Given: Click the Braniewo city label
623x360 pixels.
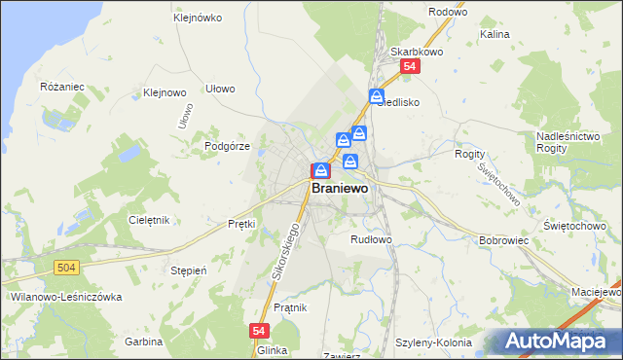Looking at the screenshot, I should [x=339, y=190].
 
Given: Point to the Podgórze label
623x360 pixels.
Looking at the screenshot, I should [x=228, y=146].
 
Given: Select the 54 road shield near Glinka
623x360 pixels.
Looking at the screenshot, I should [x=258, y=331].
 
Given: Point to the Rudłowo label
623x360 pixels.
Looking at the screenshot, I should [x=371, y=238].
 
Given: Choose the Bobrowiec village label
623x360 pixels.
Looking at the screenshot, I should [x=503, y=239].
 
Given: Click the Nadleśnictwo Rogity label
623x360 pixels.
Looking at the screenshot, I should [x=568, y=141].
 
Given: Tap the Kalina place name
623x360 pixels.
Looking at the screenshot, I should [x=495, y=34].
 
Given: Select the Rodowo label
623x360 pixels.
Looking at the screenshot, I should [x=448, y=12].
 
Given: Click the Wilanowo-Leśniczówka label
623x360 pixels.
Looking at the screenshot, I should [x=56, y=296].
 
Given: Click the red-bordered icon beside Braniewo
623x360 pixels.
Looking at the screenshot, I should [x=319, y=170].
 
